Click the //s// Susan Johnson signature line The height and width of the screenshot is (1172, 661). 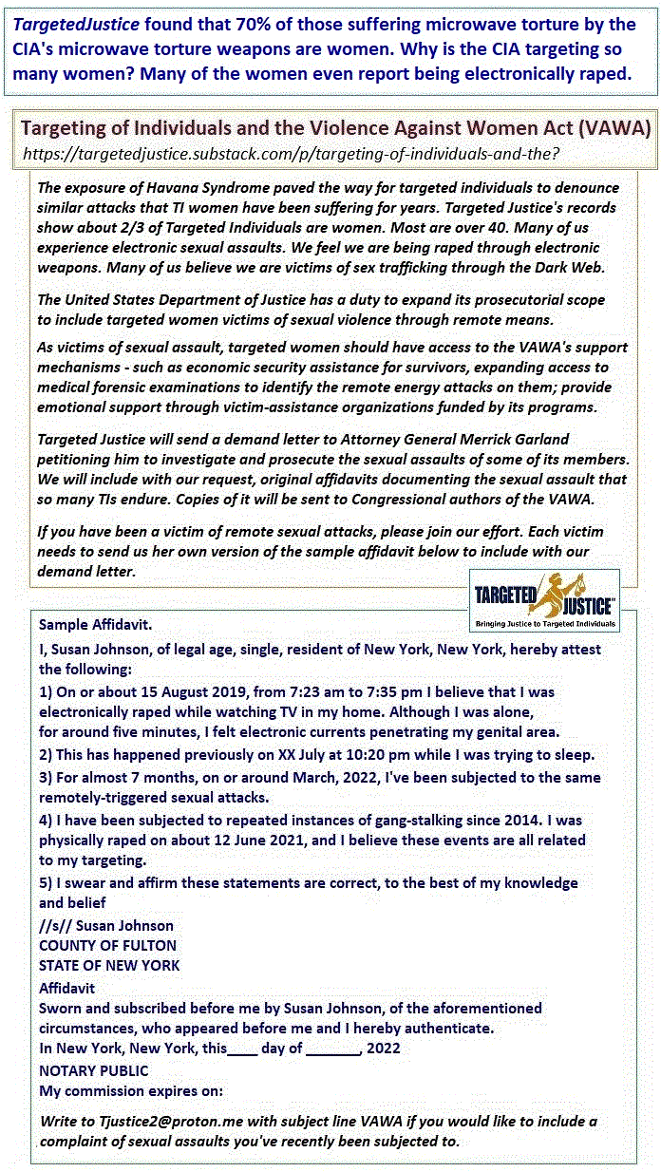[x=106, y=925]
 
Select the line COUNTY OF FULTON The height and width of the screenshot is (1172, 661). [x=107, y=945]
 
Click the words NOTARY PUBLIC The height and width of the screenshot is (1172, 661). [x=94, y=1070]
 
